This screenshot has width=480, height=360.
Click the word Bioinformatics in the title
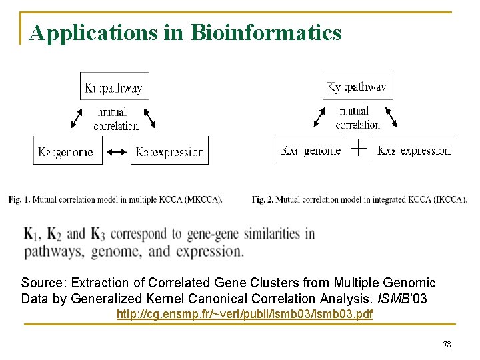[x=266, y=32]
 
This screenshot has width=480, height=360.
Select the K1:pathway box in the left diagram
[x=115, y=87]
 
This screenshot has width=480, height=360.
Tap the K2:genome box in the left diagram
[x=68, y=151]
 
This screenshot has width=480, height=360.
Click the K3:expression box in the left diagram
[x=169, y=151]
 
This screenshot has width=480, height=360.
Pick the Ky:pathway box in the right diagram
[x=357, y=86]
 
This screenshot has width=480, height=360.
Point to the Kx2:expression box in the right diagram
[x=413, y=150]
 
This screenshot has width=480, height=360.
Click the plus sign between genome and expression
[x=358, y=149]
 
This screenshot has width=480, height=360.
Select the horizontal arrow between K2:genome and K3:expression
[x=117, y=152]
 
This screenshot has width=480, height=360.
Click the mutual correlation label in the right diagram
[x=358, y=118]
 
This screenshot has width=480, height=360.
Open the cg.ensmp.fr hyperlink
[x=245, y=313]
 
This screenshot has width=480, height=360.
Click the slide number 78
[x=447, y=344]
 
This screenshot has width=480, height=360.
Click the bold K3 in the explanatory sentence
[x=97, y=234]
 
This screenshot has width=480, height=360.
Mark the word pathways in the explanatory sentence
[x=53, y=252]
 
